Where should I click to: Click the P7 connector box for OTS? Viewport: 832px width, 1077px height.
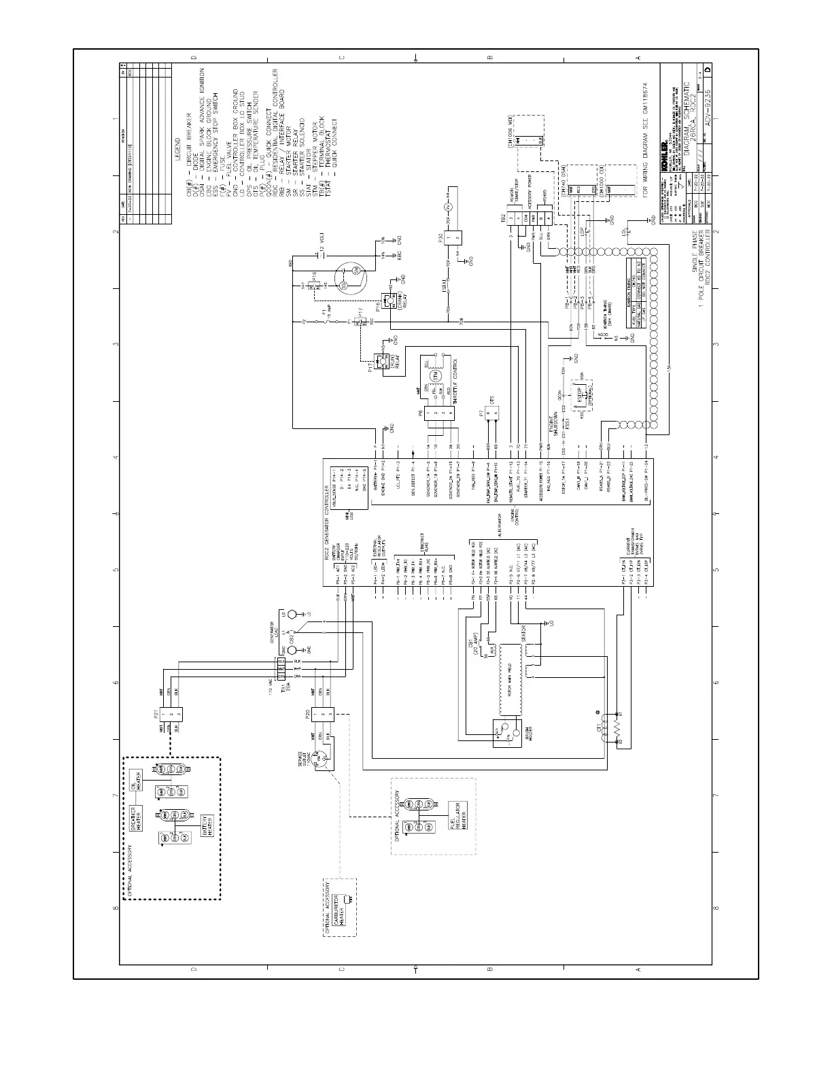tap(496, 413)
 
